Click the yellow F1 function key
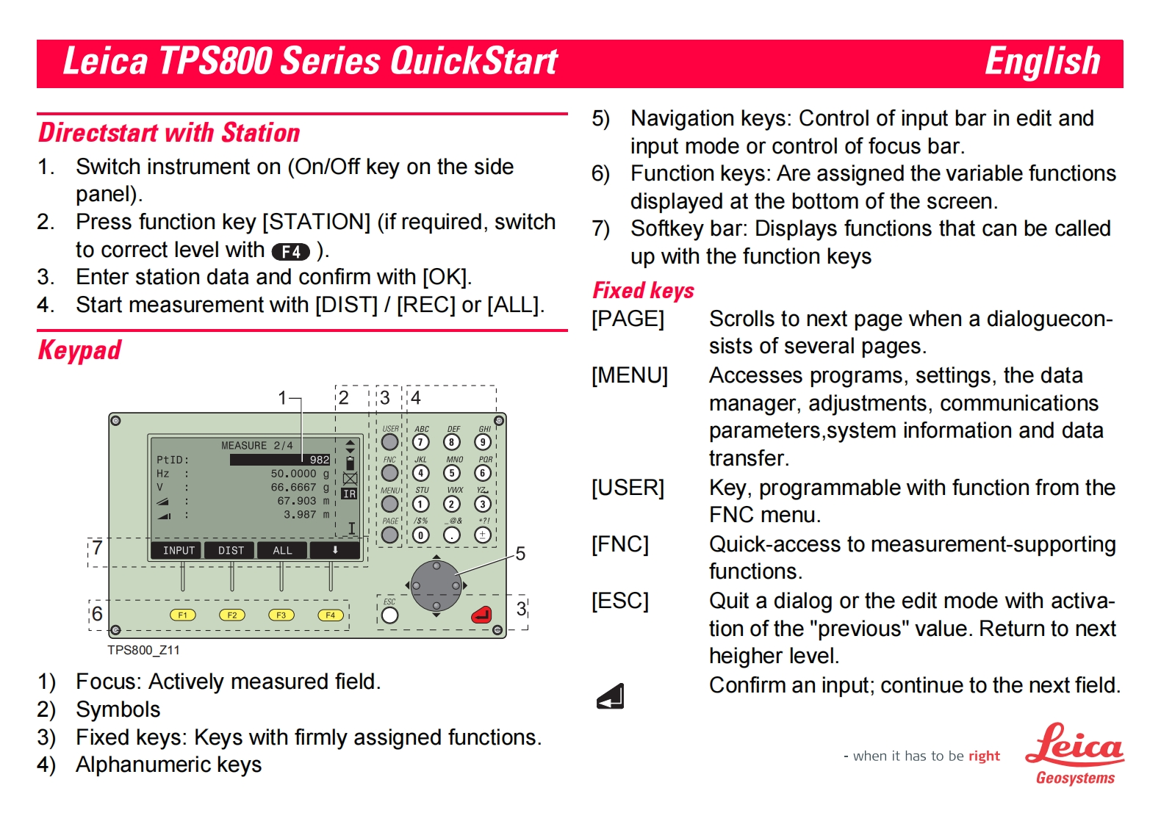182,615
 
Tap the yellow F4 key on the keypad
330,615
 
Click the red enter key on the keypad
481,615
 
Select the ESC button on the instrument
389,615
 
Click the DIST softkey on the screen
231,550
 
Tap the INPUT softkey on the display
179,550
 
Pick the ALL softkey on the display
282,550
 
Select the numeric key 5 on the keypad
451,473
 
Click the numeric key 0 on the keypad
420,535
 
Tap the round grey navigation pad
436,585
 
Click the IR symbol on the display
349,494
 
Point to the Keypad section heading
79,350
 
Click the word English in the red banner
1041,62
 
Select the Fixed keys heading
643,291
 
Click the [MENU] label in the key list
630,375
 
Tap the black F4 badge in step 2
290,252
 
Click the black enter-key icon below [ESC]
610,696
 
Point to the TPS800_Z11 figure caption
143,650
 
